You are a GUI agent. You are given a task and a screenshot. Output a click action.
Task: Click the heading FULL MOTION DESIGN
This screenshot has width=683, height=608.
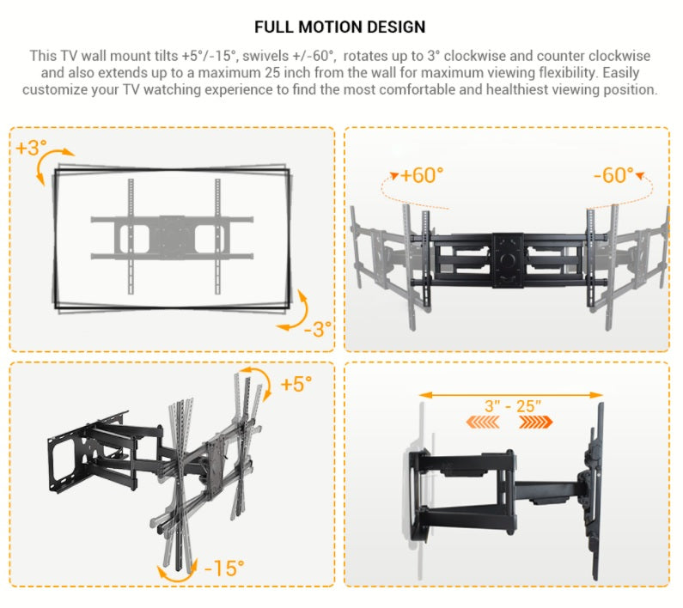[339, 27]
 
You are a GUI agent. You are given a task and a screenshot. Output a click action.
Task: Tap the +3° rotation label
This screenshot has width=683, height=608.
[31, 148]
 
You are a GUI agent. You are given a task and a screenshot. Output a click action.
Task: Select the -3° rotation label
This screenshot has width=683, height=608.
[318, 330]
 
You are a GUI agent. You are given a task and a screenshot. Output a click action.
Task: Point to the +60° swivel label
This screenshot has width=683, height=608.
[422, 175]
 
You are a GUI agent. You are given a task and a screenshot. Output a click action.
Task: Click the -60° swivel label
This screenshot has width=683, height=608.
[613, 175]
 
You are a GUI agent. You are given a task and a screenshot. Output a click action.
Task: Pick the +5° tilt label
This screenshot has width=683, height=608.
[296, 384]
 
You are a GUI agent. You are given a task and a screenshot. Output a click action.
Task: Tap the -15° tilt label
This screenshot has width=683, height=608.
[224, 568]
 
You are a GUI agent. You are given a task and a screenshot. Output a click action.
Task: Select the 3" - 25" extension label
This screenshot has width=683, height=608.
[513, 406]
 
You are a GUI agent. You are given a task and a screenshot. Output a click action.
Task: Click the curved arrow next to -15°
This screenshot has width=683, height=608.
[177, 579]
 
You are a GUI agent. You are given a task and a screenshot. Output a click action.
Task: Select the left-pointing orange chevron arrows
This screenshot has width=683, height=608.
[483, 422]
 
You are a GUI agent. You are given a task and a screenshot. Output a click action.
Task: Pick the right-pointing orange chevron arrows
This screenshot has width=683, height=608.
[536, 422]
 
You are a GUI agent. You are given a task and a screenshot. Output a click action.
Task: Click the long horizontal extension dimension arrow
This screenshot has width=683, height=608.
[511, 395]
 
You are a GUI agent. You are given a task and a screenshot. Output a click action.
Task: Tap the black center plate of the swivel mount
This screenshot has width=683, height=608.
[508, 260]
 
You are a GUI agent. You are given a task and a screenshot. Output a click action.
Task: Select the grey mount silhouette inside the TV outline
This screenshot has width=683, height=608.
[172, 236]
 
